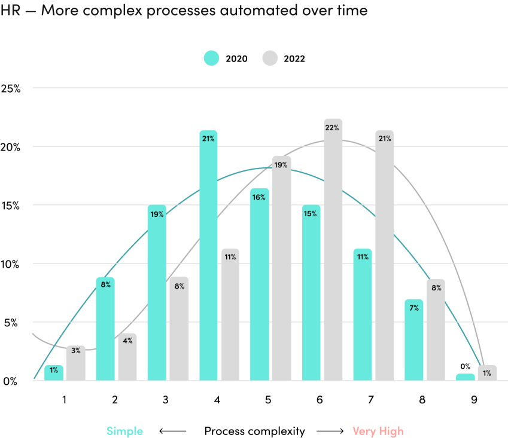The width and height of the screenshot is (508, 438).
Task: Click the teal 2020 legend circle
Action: point(212,58)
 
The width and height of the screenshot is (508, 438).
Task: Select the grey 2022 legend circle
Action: point(270,58)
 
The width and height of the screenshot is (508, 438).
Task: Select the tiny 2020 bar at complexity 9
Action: point(465,377)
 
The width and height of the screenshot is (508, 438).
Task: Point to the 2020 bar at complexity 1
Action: point(54,373)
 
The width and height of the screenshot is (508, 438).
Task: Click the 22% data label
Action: point(333,128)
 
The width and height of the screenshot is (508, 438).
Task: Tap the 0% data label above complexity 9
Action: point(465,366)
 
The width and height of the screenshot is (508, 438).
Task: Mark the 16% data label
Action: point(259,197)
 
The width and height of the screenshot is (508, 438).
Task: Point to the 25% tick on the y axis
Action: point(11,88)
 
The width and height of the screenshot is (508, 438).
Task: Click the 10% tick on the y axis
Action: point(11,264)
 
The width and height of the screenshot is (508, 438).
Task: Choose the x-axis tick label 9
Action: point(474,400)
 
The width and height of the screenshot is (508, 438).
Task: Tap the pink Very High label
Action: point(378,431)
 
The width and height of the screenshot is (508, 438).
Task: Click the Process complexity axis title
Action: point(254,431)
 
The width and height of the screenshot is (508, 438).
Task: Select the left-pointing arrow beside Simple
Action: point(172,431)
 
